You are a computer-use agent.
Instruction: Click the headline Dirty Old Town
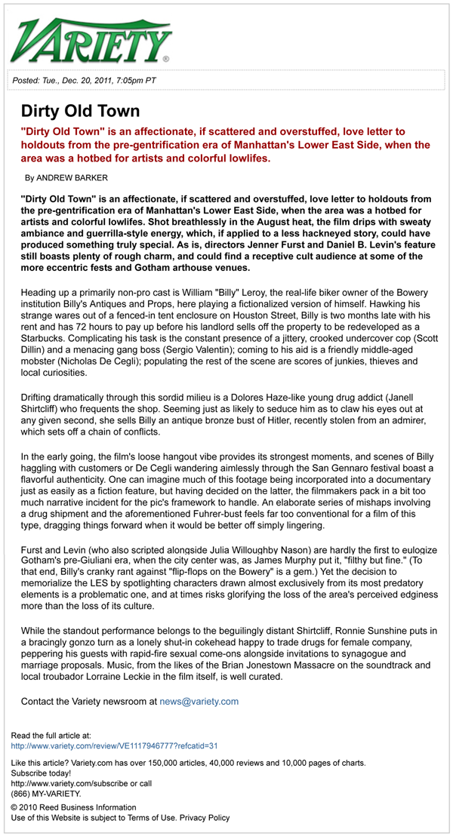pyautogui.click(x=80, y=111)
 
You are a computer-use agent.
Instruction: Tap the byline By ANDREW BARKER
pyautogui.click(x=66, y=178)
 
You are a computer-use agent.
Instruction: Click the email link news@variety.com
pyautogui.click(x=199, y=701)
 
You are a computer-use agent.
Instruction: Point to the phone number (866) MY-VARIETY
pyautogui.click(x=46, y=793)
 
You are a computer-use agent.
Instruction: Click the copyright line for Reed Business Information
pyautogui.click(x=73, y=807)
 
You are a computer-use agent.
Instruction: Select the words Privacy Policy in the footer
pyautogui.click(x=205, y=818)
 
